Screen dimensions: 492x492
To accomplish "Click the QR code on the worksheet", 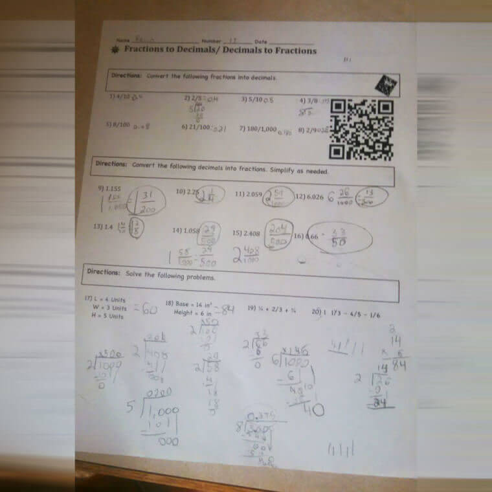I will click(x=361, y=129).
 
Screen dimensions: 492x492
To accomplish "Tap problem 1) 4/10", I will click(x=120, y=97).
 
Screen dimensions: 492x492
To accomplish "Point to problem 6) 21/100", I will click(x=196, y=128).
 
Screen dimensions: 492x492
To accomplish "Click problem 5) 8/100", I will click(x=119, y=124).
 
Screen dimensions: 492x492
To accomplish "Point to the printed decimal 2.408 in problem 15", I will click(x=251, y=233).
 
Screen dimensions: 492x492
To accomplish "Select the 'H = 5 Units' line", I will click(x=107, y=317).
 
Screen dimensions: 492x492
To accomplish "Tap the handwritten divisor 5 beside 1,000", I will click(x=129, y=408).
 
